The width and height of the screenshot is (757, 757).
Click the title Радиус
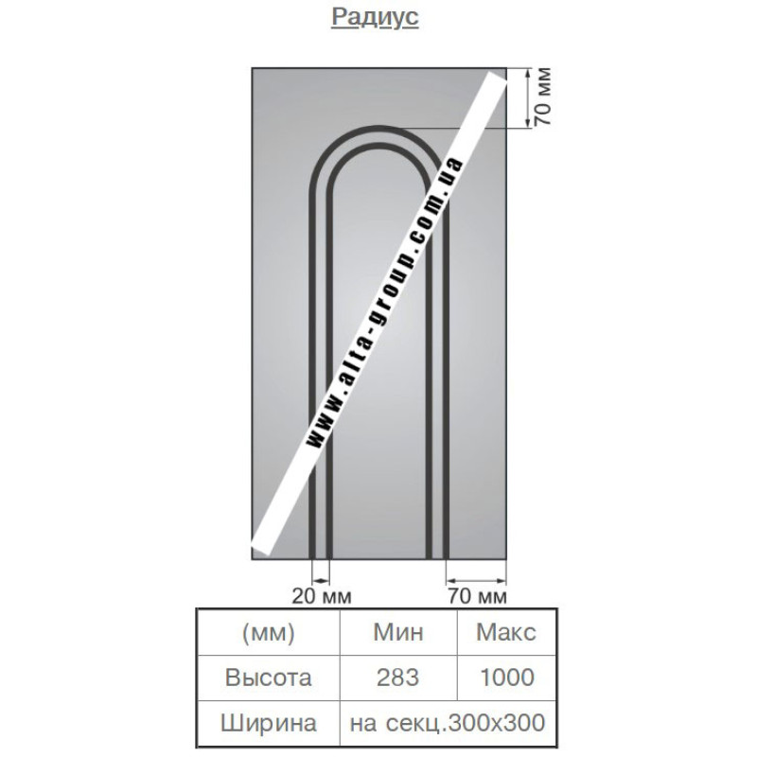pos(375,17)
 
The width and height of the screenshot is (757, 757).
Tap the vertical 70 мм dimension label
pos(542,97)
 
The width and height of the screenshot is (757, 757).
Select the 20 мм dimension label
pos(322,597)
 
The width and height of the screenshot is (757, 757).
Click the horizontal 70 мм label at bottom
pos(477,597)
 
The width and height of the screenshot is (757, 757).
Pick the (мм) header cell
pos(269,632)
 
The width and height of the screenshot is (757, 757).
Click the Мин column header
pos(398,632)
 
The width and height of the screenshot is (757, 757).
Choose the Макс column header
pos(506,632)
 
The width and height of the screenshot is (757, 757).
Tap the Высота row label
pos(269,678)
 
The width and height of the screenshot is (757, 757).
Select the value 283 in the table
pos(397,678)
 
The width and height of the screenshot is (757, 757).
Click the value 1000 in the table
pos(507,678)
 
